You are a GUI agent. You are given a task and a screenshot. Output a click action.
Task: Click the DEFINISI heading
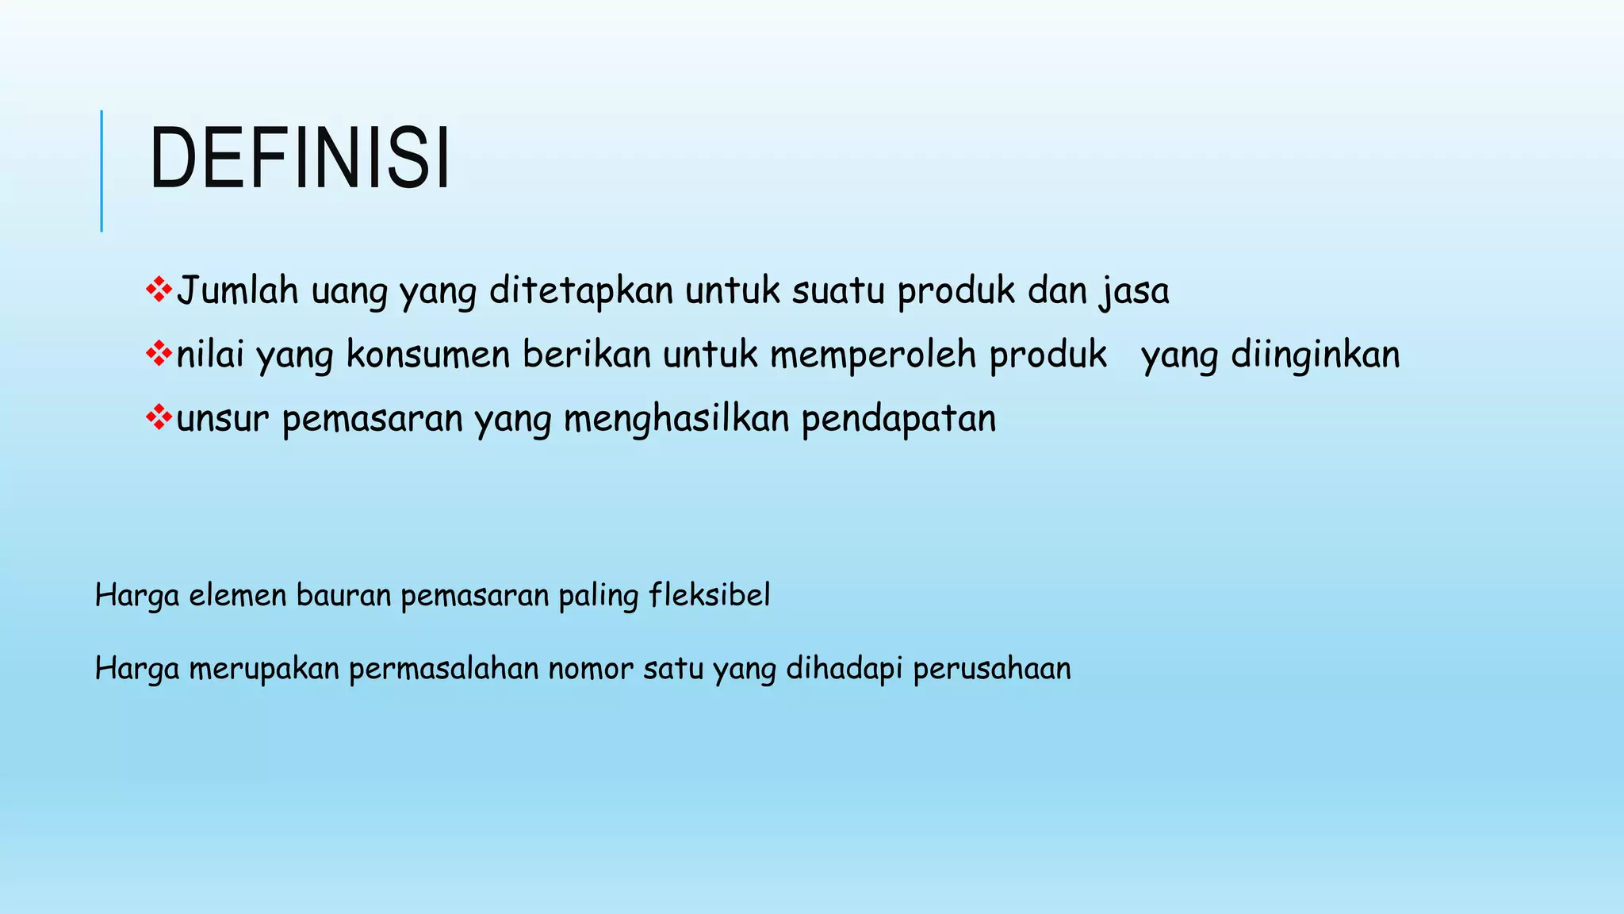pyautogui.click(x=300, y=159)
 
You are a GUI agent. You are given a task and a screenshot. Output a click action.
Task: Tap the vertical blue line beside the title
pyautogui.click(x=101, y=171)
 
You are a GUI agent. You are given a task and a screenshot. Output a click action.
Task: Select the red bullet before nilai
pyautogui.click(x=159, y=353)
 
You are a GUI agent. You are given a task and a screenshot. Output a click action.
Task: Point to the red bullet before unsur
pyautogui.click(x=159, y=417)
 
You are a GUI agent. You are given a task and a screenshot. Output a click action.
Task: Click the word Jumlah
pyautogui.click(x=237, y=290)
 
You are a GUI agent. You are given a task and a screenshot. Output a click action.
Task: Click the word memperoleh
pyautogui.click(x=873, y=355)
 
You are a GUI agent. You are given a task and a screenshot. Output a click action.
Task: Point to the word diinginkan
pyautogui.click(x=1316, y=355)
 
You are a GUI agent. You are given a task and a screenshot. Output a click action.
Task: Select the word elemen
pyautogui.click(x=238, y=595)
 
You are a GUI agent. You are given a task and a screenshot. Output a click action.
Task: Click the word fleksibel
pyautogui.click(x=710, y=595)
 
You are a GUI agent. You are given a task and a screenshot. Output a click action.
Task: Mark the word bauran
pyautogui.click(x=343, y=595)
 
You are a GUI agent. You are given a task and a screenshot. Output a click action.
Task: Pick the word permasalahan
pyautogui.click(x=443, y=669)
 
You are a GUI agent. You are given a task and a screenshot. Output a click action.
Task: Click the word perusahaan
pyautogui.click(x=992, y=669)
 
